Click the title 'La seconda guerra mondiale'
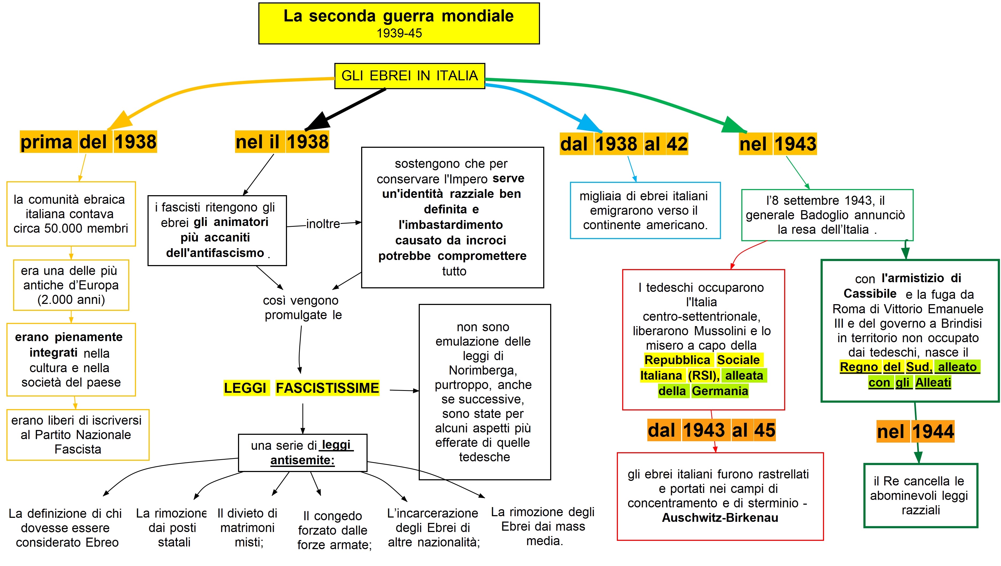point(398,16)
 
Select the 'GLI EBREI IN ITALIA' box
point(410,76)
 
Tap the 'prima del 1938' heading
point(89,141)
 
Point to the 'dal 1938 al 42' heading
point(624,144)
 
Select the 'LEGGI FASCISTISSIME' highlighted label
point(301,388)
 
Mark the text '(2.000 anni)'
point(71,300)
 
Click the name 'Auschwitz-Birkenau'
point(720,518)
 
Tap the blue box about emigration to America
point(645,210)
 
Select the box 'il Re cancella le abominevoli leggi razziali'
point(921,496)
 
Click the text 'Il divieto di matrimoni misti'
point(248,528)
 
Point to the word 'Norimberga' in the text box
point(483,370)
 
